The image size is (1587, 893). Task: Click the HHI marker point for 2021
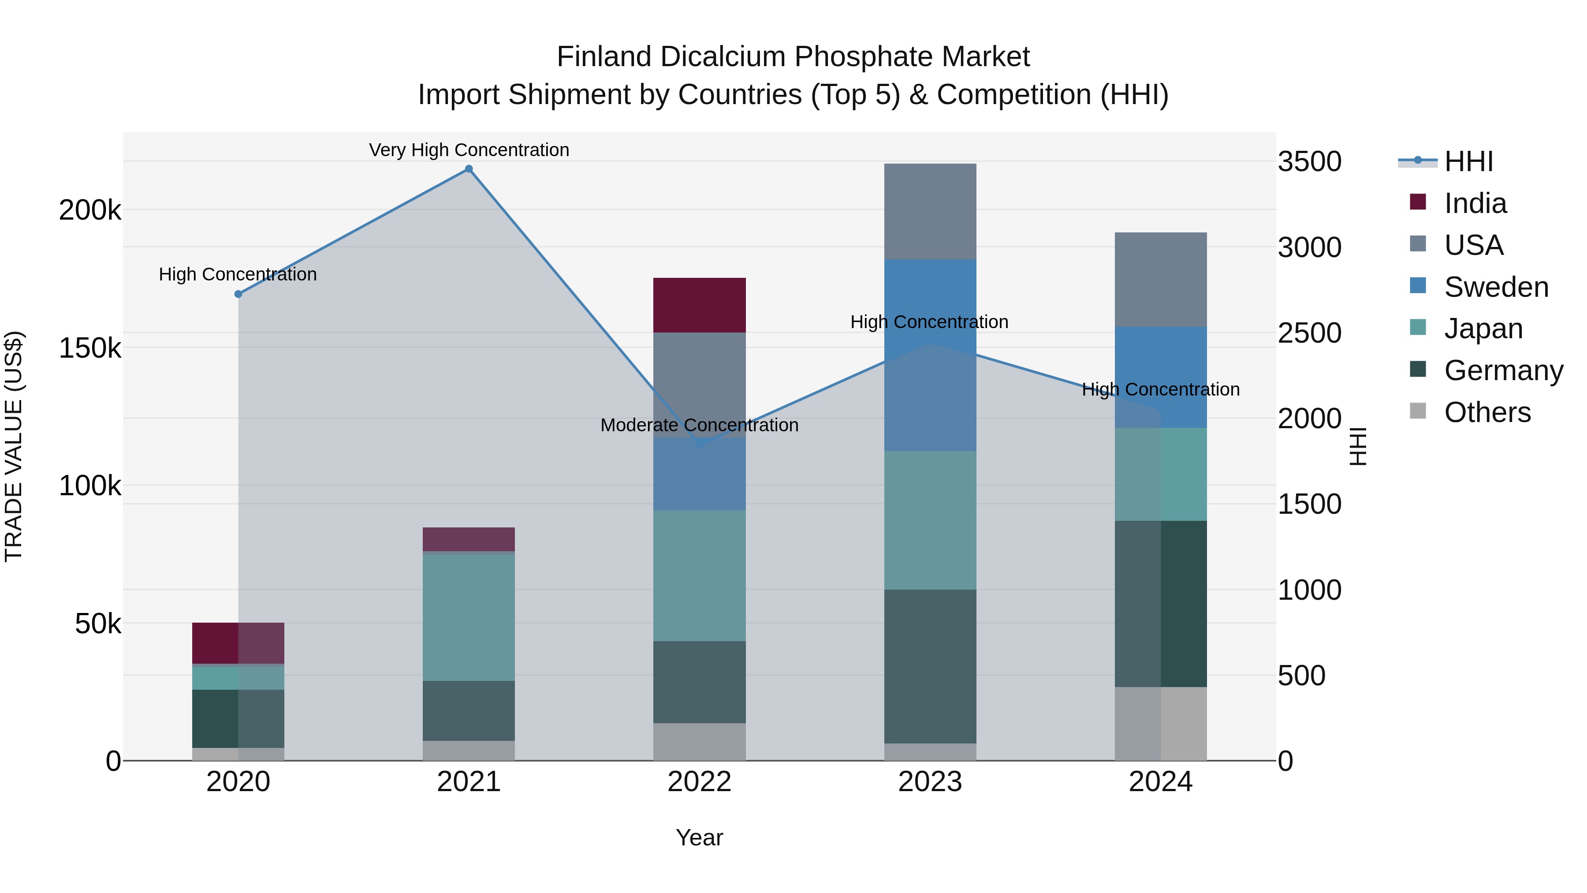[469, 169]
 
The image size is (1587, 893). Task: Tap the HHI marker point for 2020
[238, 294]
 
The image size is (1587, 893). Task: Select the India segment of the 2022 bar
[699, 305]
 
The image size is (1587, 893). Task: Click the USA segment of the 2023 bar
[930, 211]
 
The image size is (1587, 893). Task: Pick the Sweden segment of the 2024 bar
[1160, 377]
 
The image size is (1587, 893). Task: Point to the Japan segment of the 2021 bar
[469, 617]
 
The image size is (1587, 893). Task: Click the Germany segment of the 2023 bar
[930, 666]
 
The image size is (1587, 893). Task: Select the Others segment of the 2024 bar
[1160, 724]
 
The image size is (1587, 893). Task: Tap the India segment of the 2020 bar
[238, 643]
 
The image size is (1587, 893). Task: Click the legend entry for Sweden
[1496, 287]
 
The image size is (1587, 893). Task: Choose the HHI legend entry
[1468, 161]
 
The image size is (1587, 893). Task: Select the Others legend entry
[1486, 412]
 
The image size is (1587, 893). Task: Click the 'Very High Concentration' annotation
[469, 150]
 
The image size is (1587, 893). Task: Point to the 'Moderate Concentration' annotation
[699, 425]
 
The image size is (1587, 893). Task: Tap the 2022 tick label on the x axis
[699, 782]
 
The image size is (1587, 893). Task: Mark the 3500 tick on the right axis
[1309, 161]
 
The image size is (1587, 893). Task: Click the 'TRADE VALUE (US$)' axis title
[14, 446]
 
